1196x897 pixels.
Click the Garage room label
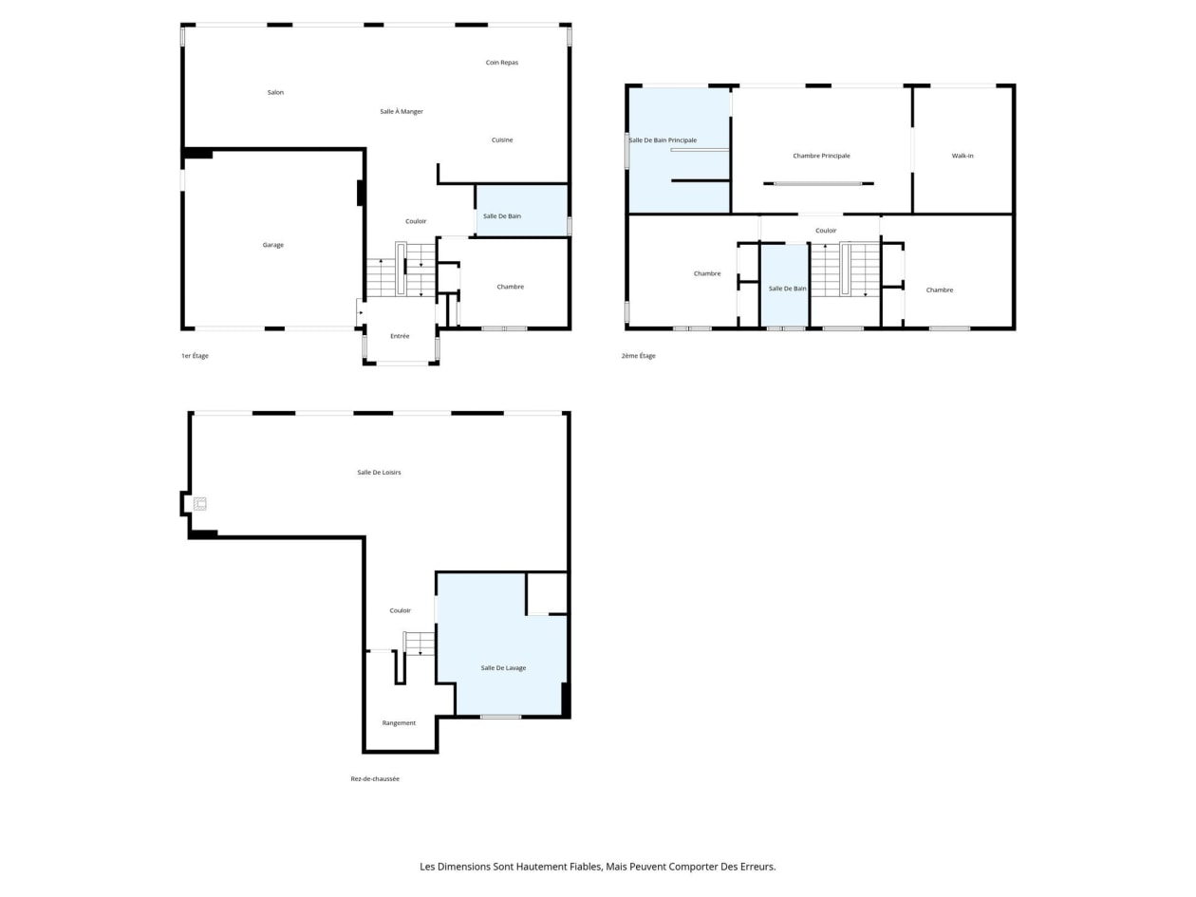click(273, 245)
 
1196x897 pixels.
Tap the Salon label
click(275, 93)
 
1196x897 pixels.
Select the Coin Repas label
click(502, 63)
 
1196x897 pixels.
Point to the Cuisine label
click(502, 140)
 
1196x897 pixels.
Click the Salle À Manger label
click(402, 112)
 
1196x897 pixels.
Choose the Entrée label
click(400, 336)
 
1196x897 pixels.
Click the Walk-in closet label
click(962, 156)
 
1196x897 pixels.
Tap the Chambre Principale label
click(821, 156)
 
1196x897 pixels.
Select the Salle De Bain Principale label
click(663, 140)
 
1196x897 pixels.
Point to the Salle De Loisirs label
click(379, 472)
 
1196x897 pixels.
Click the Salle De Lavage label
click(503, 667)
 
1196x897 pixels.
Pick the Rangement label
click(399, 722)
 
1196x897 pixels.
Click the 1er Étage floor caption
click(196, 356)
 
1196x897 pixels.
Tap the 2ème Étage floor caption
click(639, 356)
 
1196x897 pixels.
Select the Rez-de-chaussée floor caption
click(375, 778)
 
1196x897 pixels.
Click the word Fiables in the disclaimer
click(583, 867)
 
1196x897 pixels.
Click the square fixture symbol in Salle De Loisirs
click(200, 504)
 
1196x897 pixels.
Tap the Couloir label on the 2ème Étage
click(826, 231)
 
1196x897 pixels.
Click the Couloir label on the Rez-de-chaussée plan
click(400, 610)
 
